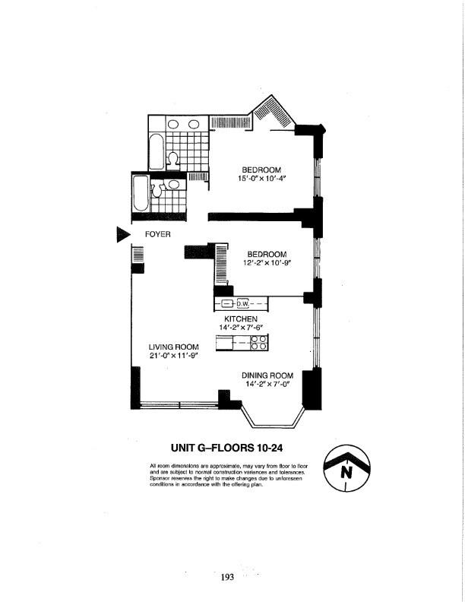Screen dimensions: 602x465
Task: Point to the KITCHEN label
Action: click(241, 319)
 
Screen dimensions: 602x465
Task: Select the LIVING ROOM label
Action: click(173, 347)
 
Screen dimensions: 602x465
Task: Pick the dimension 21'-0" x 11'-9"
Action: click(173, 356)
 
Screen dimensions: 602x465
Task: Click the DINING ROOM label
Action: click(267, 375)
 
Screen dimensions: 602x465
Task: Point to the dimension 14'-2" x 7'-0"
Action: click(267, 384)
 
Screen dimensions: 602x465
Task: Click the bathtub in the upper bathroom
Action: click(156, 151)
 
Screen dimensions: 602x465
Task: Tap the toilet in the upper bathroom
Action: click(173, 158)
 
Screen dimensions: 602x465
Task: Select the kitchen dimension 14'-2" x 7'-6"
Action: click(241, 328)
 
